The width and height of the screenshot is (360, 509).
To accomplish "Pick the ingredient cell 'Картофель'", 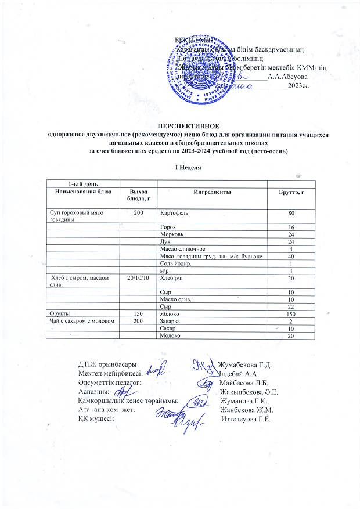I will click(x=174, y=213).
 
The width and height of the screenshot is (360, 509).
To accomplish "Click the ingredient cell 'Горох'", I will click(x=168, y=226).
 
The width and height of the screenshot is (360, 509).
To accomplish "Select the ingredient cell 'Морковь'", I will click(x=171, y=234).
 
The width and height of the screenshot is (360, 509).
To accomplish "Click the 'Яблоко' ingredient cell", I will click(x=170, y=313).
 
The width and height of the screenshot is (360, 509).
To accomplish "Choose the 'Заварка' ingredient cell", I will click(x=171, y=321).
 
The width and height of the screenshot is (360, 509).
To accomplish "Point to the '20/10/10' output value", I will click(x=138, y=279).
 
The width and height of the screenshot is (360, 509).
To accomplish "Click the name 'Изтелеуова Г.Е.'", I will click(x=248, y=419).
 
